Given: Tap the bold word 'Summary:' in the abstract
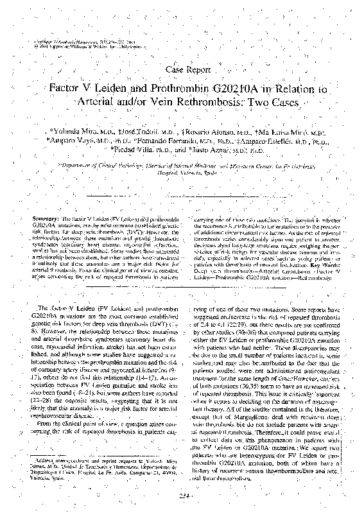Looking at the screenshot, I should point(46,211).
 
